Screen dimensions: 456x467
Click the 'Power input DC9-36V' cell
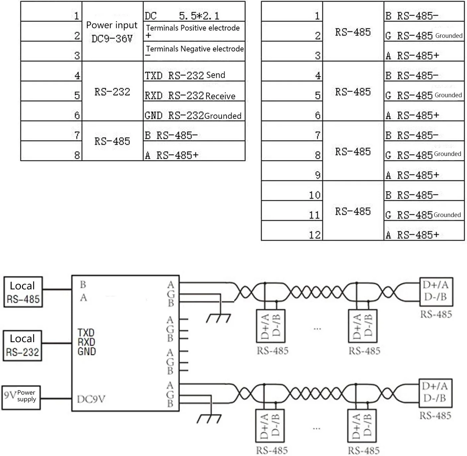[x=112, y=32]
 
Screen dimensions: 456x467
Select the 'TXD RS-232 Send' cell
[x=194, y=72]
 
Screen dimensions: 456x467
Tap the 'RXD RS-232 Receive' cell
[x=194, y=92]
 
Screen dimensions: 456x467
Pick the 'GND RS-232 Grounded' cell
[x=194, y=112]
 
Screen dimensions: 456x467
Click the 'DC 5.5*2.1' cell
[x=194, y=12]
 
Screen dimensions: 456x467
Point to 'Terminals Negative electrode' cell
[x=194, y=51]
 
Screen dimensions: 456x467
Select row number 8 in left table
[x=51, y=151]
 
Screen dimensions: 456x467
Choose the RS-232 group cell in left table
[x=112, y=91]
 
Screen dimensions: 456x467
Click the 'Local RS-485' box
[x=23, y=292]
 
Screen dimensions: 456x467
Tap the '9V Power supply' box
[x=21, y=397]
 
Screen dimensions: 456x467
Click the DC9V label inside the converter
[x=91, y=399]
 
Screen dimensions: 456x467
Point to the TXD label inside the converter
[x=86, y=333]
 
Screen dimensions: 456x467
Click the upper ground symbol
[x=218, y=319]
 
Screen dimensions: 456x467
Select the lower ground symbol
[x=209, y=419]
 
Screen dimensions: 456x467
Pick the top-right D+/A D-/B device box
[x=436, y=291]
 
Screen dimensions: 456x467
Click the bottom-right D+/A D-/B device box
[x=435, y=393]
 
